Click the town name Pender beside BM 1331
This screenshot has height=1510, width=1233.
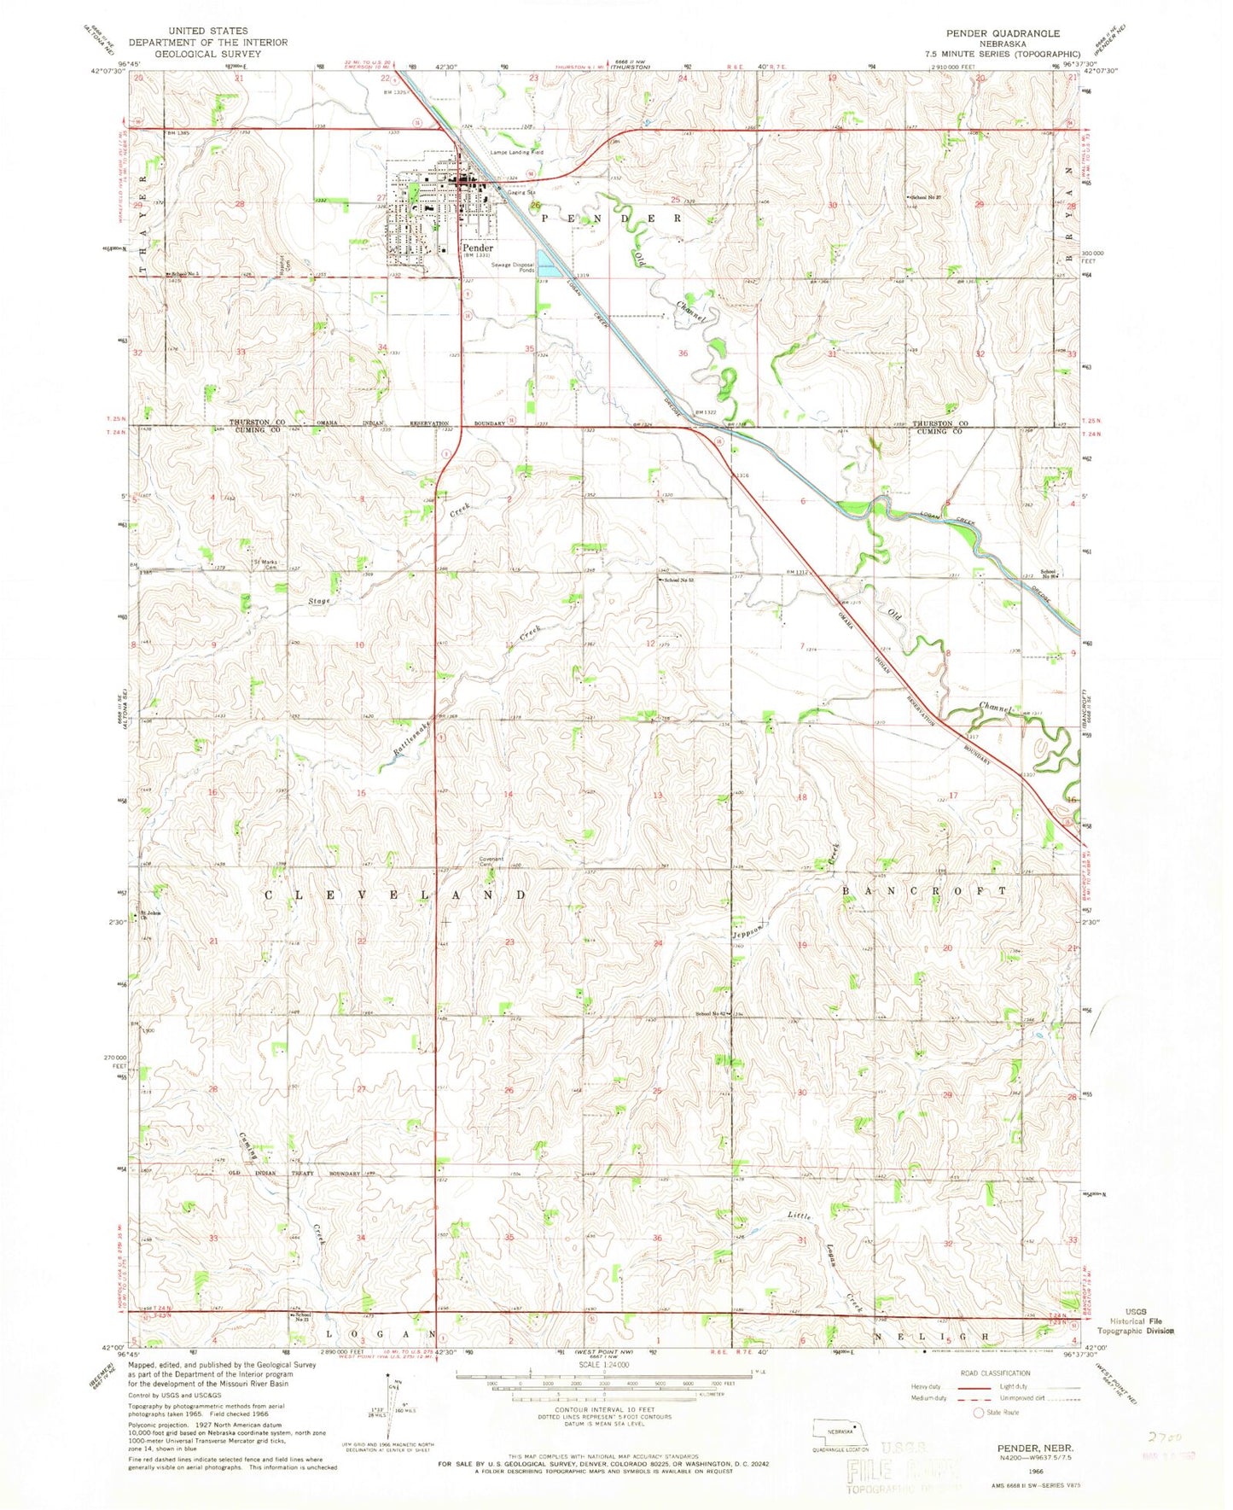click(x=478, y=248)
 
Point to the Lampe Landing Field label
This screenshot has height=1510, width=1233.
click(x=515, y=153)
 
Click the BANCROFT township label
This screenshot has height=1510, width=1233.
click(x=924, y=890)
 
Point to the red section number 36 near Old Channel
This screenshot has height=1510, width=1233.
click(x=683, y=353)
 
